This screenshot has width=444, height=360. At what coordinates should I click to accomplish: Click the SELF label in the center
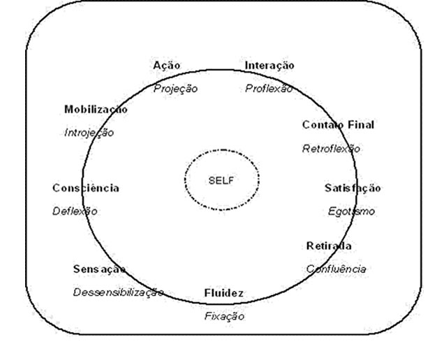coord(221,179)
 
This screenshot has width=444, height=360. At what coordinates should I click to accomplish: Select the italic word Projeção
coord(175,89)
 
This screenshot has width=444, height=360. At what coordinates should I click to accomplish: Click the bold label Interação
coord(269,65)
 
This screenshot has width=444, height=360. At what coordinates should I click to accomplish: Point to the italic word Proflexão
coord(269,89)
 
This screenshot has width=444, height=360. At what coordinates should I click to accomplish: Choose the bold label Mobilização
coord(96,110)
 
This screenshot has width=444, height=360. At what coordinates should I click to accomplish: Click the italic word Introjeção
coord(89,132)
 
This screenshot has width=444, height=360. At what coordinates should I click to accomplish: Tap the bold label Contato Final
coord(338,125)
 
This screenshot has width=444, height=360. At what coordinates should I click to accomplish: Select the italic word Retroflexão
coord(331,148)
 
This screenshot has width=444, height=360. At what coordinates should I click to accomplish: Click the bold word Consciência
coord(85,188)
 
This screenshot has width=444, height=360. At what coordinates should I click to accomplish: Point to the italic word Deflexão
coord(75,211)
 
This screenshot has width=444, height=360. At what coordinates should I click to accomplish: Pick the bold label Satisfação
coord(353,188)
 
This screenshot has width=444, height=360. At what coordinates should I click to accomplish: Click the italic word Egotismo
coord(351,211)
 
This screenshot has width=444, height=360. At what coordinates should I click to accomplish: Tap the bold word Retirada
coord(328,246)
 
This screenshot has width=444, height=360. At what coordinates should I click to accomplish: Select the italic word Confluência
coord(336,269)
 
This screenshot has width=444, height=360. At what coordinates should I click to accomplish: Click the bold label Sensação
coord(99,269)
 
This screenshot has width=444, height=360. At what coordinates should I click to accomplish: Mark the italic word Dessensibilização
coord(118,292)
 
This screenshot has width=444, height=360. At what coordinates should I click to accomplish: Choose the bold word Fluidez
coord(223,292)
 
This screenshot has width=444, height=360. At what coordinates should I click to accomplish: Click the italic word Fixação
coord(225,315)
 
